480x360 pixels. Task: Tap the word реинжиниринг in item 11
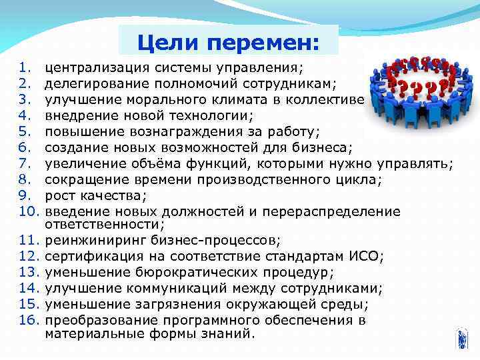[85, 240]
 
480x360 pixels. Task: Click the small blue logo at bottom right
[461, 339]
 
